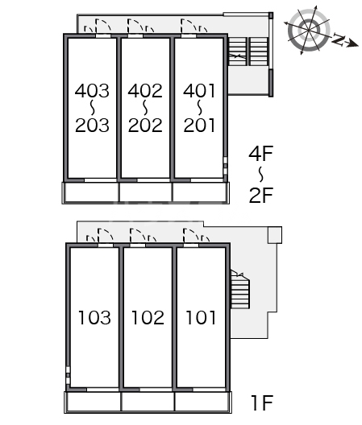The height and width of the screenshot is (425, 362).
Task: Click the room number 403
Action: [92, 90]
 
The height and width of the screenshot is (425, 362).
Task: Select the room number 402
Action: [145, 90]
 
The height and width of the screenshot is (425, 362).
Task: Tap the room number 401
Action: [199, 90]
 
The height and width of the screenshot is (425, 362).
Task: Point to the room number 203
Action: [92, 126]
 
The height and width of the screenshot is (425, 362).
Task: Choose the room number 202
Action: [145, 126]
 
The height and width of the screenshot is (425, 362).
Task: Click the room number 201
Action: [200, 126]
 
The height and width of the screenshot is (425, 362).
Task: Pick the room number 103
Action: [94, 317]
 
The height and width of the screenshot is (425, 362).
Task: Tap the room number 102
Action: [148, 317]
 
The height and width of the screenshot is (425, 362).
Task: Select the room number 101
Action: [201, 317]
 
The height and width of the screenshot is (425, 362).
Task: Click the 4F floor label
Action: [260, 154]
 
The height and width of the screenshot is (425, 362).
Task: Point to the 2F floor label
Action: [261, 195]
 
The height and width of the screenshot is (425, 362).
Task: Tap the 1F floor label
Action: [262, 402]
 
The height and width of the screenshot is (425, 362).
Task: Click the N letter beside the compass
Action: [338, 39]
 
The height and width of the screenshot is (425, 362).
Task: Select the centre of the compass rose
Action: [309, 30]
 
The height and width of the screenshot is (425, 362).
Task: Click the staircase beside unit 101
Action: [239, 290]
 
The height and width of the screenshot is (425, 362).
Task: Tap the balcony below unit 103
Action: [93, 402]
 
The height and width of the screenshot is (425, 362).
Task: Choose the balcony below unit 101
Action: [202, 402]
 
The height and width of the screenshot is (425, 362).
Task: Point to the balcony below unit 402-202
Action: [146, 192]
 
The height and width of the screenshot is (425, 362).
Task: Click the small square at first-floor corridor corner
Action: [275, 235]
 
